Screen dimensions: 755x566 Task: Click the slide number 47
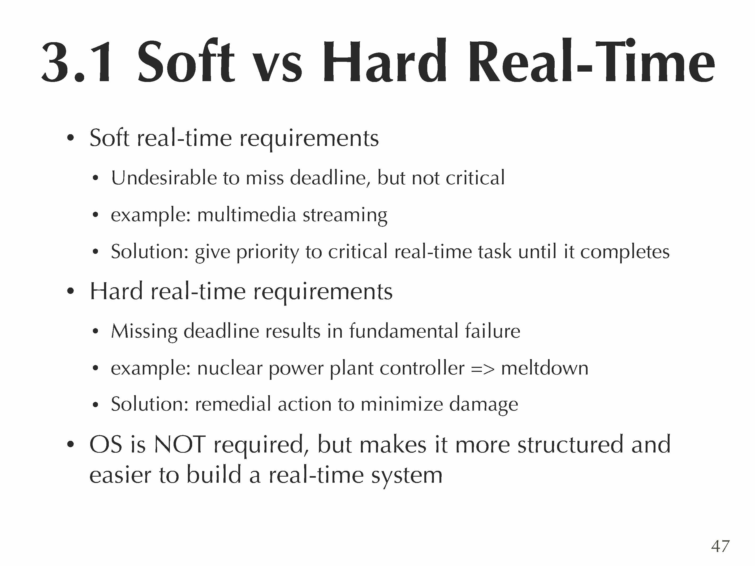tap(720, 546)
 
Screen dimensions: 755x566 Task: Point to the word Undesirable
tap(163, 178)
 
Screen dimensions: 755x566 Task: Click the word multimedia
tap(247, 215)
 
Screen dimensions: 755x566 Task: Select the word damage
tap(483, 406)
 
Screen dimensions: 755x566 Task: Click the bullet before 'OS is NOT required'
tap(71, 445)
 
